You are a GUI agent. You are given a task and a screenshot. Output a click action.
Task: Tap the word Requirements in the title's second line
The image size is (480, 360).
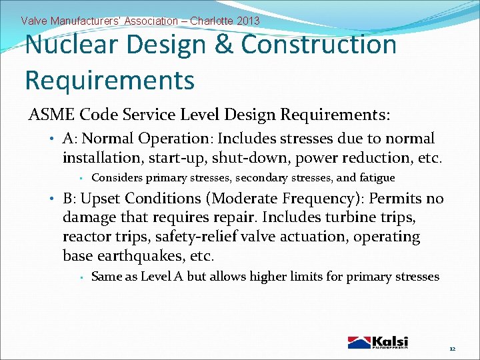point(109,79)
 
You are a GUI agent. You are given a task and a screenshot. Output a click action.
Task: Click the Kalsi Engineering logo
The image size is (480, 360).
point(377,342)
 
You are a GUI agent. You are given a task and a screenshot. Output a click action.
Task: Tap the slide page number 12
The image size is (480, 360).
point(452,349)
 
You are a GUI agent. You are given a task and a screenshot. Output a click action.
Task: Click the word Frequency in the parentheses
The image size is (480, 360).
point(319,199)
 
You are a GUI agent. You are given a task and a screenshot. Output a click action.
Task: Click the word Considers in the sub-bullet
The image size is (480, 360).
point(116,178)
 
